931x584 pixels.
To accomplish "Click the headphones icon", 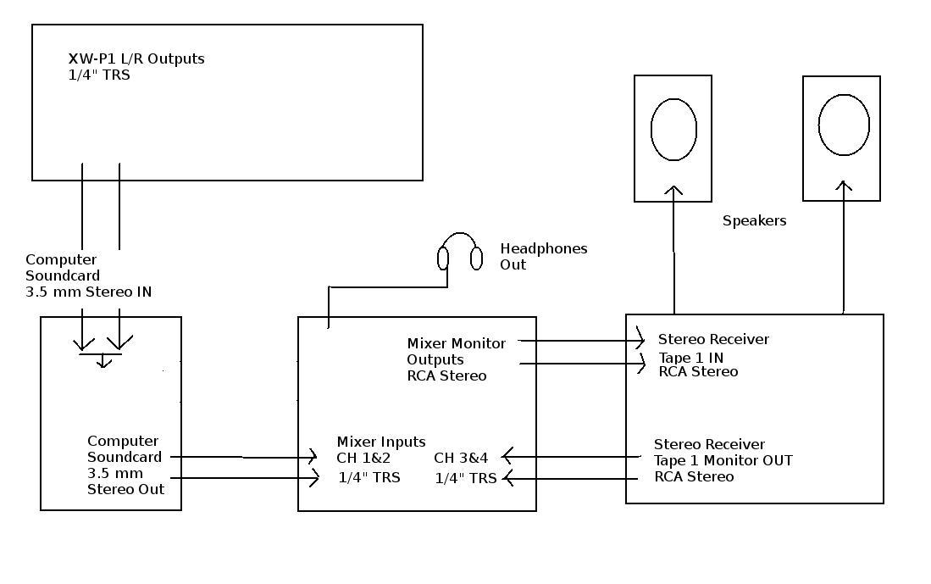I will point(460,251).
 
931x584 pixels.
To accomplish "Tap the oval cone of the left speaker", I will point(673,130).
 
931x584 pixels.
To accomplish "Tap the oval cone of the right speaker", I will point(844,125).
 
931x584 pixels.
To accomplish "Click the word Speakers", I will point(754,221).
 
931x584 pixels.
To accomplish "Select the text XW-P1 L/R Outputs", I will point(136,59).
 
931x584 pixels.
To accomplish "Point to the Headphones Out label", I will point(543,257).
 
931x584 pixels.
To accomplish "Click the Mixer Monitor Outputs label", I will point(456,359).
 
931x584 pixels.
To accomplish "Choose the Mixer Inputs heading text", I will point(381,442).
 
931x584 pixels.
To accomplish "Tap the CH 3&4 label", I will point(461,459).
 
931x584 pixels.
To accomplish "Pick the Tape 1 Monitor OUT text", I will point(723,461).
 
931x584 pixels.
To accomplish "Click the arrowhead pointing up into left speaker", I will point(673,191).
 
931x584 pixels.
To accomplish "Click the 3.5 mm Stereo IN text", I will point(88,292).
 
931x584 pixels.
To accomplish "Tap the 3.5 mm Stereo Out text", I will point(125,481).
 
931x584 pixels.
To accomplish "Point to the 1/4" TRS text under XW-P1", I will point(99,75).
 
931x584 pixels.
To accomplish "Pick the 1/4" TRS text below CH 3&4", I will point(466,478).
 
